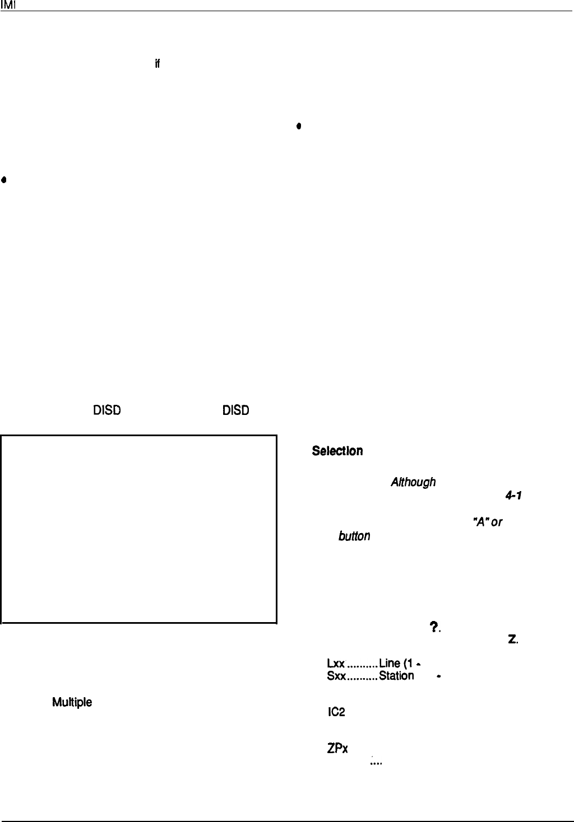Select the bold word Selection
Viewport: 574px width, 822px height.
(337, 451)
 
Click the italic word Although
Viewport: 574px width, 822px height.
(413, 482)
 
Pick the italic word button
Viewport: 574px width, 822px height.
(354, 536)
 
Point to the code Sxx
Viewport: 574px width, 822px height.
(336, 676)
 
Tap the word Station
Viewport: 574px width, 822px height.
(396, 676)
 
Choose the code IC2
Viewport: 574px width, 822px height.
(336, 712)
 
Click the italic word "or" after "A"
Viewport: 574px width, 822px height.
(496, 522)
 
